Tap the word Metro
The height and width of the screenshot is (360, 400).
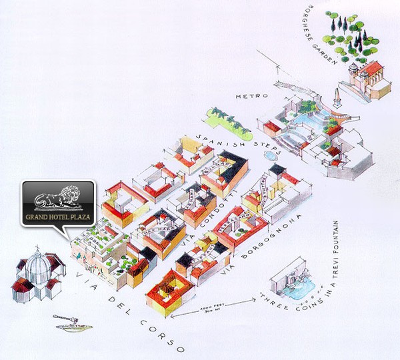(248, 97)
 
